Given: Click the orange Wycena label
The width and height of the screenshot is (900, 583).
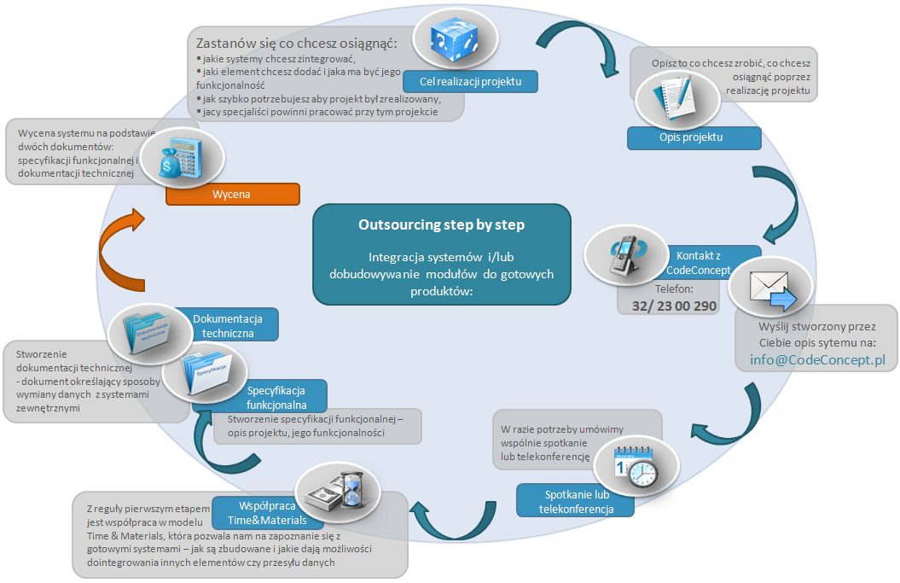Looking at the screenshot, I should (232, 195).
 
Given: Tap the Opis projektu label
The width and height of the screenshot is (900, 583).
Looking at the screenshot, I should (693, 137).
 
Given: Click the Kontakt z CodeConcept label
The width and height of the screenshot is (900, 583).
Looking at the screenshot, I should (704, 263).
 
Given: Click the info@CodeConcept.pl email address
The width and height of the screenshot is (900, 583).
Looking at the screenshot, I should (817, 360).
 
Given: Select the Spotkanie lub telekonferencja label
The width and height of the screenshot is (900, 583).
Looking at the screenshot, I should (576, 502).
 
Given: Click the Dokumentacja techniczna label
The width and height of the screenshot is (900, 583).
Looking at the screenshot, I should (227, 325).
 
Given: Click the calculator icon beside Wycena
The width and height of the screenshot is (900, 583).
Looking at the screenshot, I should (181, 158).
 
